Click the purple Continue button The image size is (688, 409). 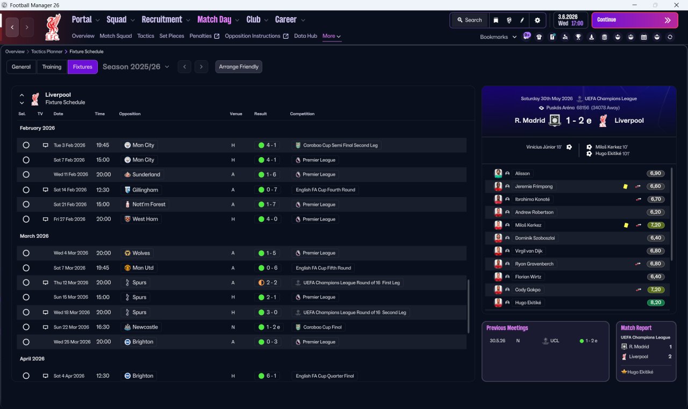[x=635, y=20]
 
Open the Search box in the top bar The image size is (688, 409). [x=470, y=20]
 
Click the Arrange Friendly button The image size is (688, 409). [x=239, y=67]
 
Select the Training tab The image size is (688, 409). [x=52, y=67]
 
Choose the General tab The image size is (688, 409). [x=21, y=67]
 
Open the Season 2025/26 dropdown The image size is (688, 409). [x=136, y=67]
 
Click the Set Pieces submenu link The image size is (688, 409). [x=171, y=36]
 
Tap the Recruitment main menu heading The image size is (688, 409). [x=162, y=20]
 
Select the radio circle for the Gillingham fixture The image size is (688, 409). [x=26, y=190]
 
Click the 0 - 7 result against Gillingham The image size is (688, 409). [x=271, y=190]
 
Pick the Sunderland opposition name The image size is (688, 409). [x=146, y=174]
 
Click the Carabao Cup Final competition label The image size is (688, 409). [x=322, y=327]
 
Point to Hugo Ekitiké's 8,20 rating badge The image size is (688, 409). [x=655, y=302]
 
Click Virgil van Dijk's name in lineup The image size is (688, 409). [x=528, y=251]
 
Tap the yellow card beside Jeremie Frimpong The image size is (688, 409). [x=625, y=186]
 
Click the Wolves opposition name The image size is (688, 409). [x=141, y=253]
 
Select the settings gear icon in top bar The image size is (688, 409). [x=537, y=20]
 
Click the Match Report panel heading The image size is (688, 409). [x=636, y=328]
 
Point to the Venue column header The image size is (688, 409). [x=236, y=114]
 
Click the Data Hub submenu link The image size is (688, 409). [x=306, y=36]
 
